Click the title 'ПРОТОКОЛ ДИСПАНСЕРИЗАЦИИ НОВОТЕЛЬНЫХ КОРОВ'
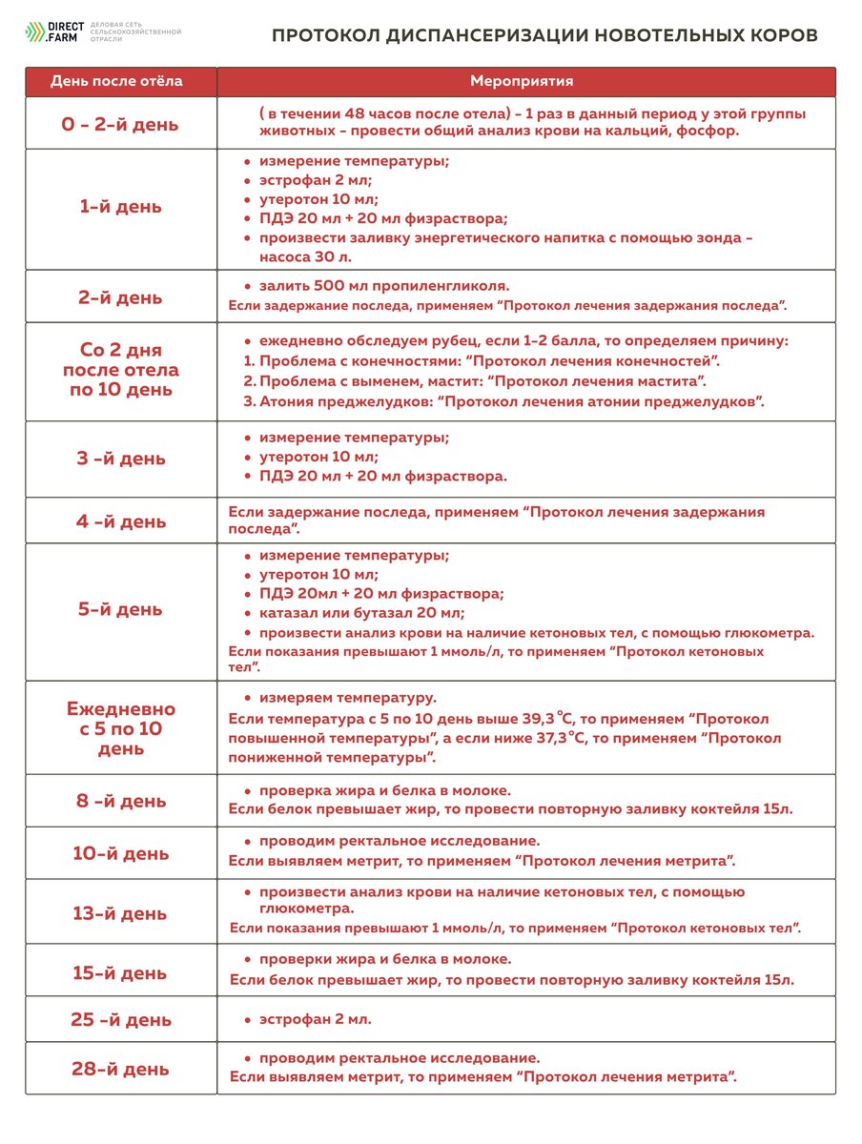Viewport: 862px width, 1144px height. tap(544, 35)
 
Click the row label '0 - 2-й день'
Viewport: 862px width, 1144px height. tap(120, 124)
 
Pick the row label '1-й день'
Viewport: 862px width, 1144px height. tap(120, 207)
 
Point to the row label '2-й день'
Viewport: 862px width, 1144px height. tap(120, 297)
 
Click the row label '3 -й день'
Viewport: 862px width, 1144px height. tap(120, 459)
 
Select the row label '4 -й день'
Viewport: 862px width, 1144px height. tap(120, 521)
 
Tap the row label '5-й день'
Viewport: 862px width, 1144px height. tap(120, 608)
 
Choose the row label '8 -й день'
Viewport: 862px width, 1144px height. tap(120, 801)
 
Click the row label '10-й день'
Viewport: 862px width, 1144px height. tap(120, 853)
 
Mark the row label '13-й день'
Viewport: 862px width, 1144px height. tap(120, 913)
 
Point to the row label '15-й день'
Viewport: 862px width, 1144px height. tap(120, 972)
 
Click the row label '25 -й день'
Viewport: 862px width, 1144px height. tap(120, 1019)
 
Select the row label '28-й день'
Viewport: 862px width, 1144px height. tap(120, 1069)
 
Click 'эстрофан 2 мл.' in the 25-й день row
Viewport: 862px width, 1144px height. tap(315, 1019)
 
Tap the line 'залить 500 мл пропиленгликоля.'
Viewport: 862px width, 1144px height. tap(384, 285)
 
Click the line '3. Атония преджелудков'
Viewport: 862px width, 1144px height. tap(505, 401)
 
